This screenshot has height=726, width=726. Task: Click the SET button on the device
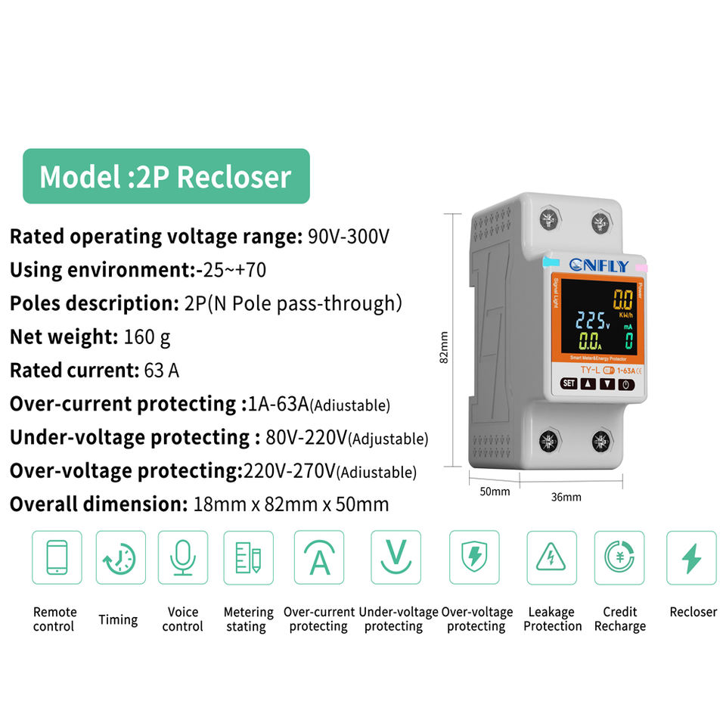[x=569, y=383]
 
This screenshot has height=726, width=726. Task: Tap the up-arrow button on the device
[x=588, y=383]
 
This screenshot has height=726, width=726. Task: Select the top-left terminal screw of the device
[x=551, y=220]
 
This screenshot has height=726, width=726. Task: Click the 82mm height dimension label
[x=445, y=347]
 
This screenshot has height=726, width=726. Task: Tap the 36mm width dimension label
[x=566, y=497]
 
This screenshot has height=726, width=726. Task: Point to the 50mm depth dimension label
[x=495, y=492]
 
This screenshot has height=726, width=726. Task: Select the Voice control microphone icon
[x=182, y=557]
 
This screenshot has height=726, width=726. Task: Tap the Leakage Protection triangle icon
[x=551, y=557]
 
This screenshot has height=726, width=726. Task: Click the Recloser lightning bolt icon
[x=690, y=557]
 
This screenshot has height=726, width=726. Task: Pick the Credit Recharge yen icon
[x=619, y=557]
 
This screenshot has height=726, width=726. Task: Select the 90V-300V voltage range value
[x=348, y=237]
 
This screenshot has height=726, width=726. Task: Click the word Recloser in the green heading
[x=234, y=177]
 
